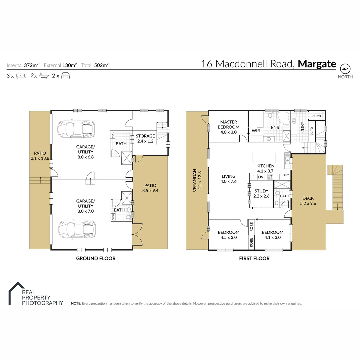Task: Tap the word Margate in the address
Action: pos(317,64)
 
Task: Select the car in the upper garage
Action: pos(75,129)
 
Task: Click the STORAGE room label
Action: pos(145,136)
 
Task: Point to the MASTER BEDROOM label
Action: pos(228,125)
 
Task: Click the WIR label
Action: pos(256,131)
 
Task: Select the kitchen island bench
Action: pos(264,157)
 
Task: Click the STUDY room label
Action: pos(261,191)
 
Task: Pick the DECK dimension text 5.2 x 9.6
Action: pos(308,203)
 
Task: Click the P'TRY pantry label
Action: pos(285,175)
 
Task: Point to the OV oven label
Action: pos(261,177)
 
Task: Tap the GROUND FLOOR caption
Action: pos(96,258)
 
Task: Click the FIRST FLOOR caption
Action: pos(254,258)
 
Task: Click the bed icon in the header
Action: pos(20,76)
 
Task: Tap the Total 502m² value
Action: pos(102,65)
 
